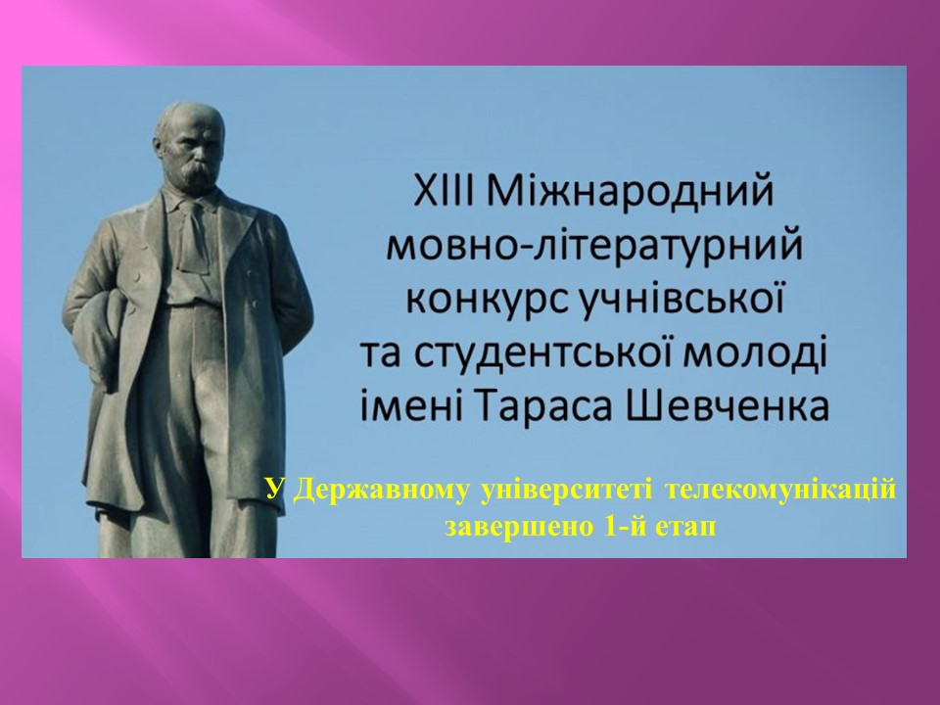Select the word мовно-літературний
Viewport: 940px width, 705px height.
coord(594,247)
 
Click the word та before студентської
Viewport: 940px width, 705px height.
coord(383,355)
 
